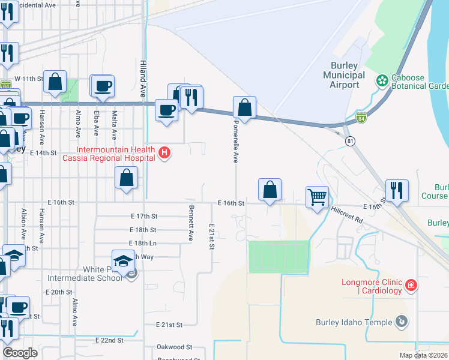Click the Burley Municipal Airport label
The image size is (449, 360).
344,75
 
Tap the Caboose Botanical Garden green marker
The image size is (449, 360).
381,80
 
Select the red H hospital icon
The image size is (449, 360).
164,154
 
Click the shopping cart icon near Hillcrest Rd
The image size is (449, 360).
316,196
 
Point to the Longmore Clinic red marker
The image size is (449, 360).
411,286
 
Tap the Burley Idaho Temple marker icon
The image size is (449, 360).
401,322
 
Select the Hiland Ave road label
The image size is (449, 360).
143,78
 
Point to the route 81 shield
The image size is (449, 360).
350,140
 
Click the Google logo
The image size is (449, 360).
20,352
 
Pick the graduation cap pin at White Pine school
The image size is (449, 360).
123,262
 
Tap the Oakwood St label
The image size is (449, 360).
173,347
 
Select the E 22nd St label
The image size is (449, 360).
109,340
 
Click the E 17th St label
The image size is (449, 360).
143,216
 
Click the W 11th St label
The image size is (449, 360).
29,79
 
